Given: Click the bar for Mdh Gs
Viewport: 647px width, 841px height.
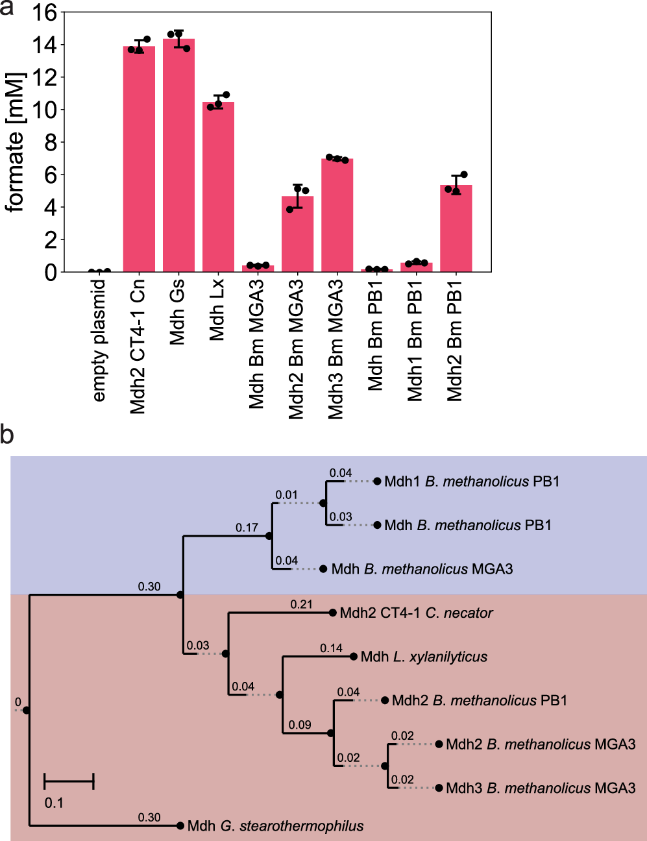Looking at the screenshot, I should click(178, 156).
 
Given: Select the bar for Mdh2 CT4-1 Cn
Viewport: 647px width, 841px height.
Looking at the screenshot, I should click(139, 159).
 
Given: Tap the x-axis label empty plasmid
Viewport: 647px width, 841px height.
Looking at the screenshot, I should click(99, 341).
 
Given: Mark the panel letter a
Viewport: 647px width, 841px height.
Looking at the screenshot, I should click(8, 9).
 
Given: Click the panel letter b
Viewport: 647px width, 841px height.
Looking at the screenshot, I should click(7, 434).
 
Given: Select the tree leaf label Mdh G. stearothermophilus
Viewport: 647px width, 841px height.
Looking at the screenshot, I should click(275, 826).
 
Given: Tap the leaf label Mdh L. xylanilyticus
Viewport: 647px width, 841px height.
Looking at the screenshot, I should click(424, 657).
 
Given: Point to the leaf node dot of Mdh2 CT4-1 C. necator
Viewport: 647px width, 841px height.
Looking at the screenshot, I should click(333, 613).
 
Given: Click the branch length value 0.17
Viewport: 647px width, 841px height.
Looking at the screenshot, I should click(247, 528).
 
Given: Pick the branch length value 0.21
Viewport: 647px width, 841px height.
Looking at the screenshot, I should click(301, 605).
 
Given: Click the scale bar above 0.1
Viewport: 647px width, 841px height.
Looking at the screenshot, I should click(69, 781).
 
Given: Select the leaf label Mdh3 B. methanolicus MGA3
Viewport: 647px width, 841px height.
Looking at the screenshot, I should click(541, 788).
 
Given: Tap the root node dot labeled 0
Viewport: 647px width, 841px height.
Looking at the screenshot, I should click(26, 710).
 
